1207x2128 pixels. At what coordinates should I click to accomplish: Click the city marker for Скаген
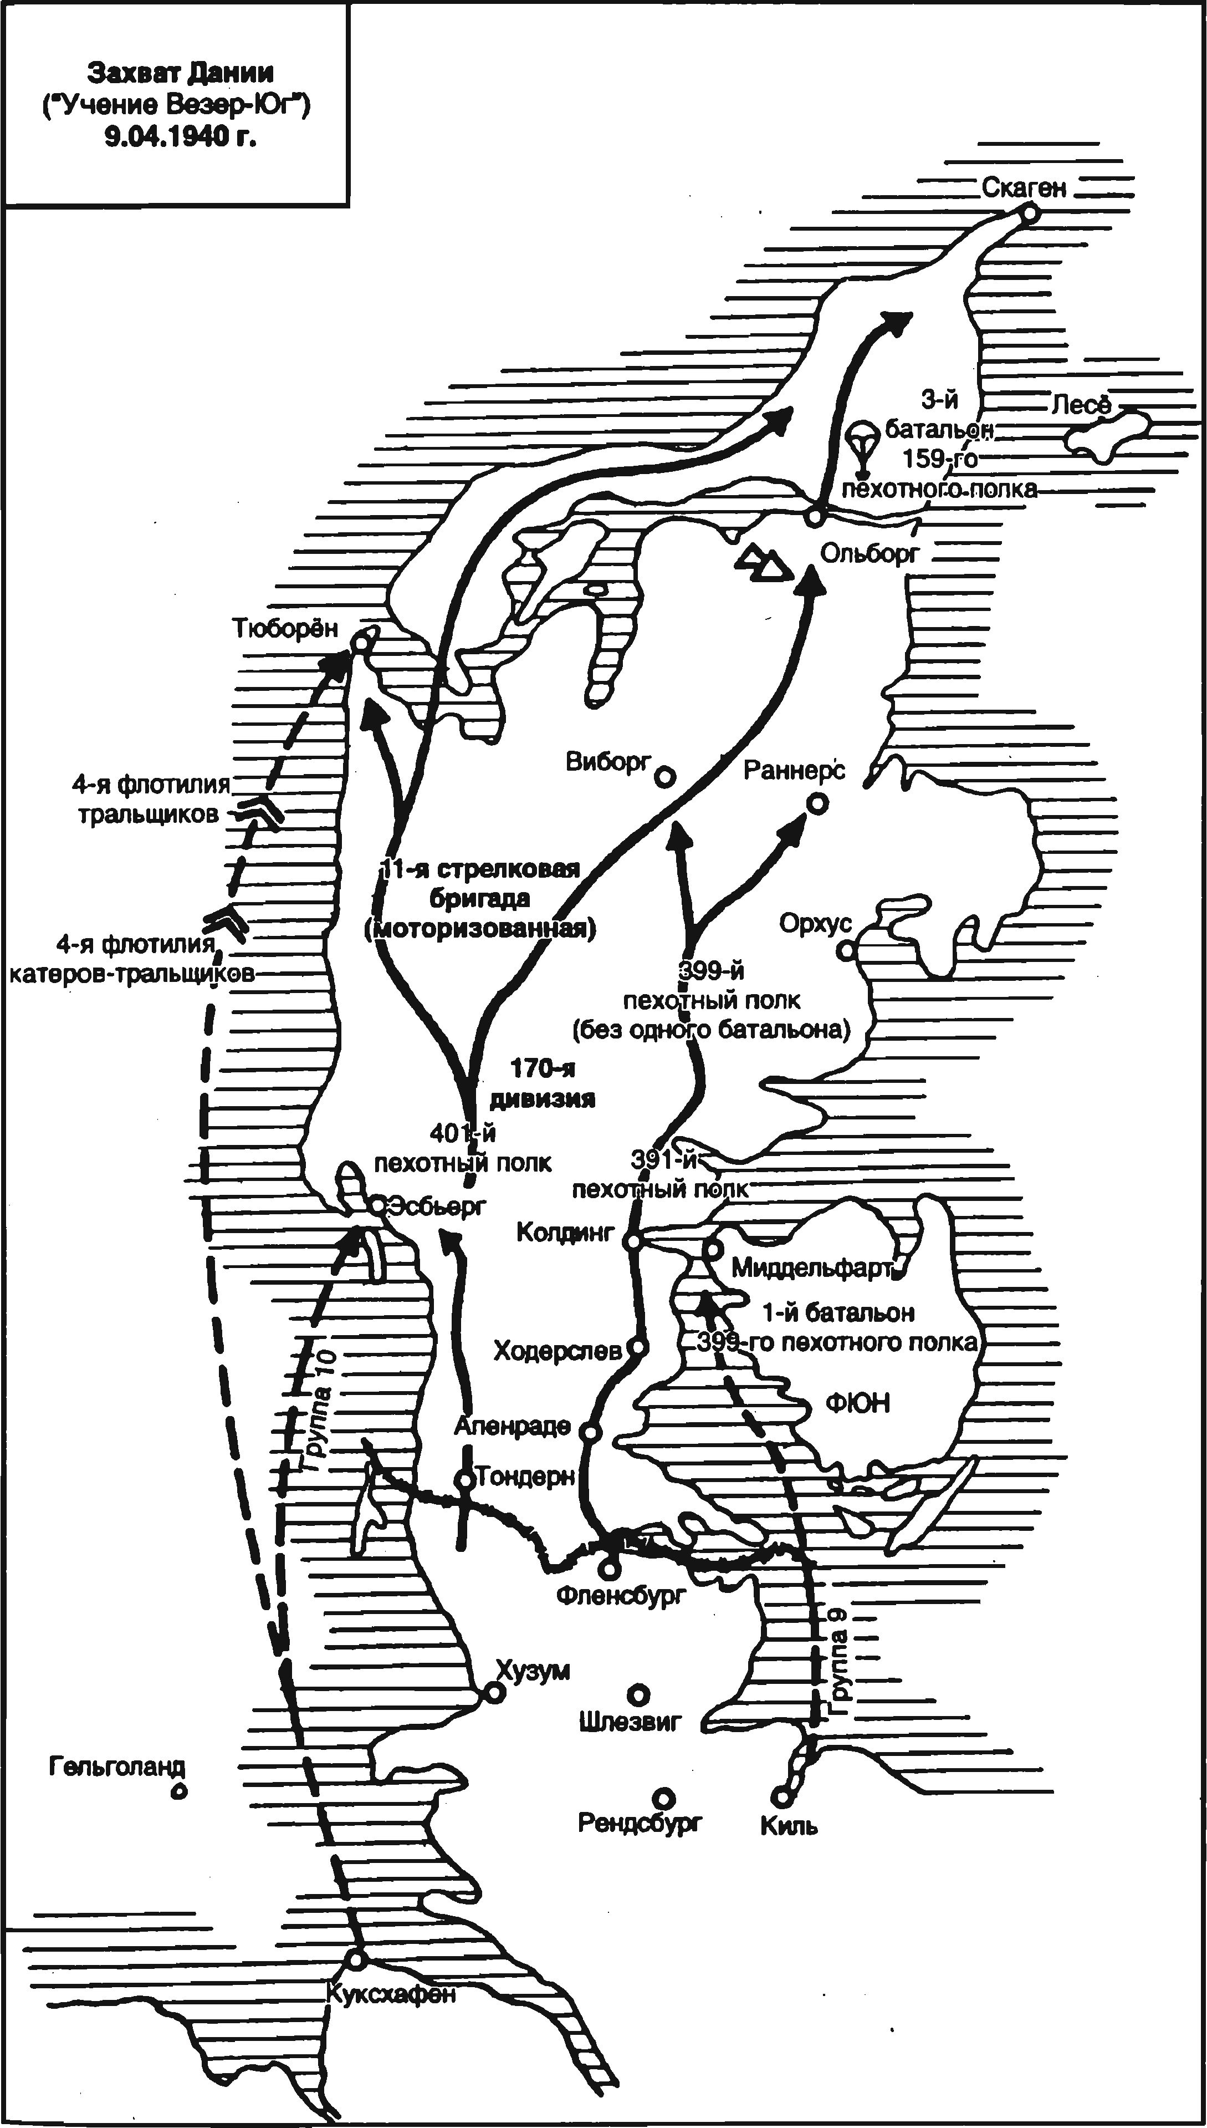click(1029, 214)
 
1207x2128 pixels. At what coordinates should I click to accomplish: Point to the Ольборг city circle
click(814, 517)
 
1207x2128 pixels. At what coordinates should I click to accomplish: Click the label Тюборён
click(285, 628)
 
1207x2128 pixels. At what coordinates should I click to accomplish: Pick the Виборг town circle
click(664, 776)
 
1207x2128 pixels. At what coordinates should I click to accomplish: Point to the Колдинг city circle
click(632, 1243)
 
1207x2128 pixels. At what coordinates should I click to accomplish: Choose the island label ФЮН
click(858, 1402)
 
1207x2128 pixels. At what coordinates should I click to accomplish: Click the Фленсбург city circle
click(610, 1568)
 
